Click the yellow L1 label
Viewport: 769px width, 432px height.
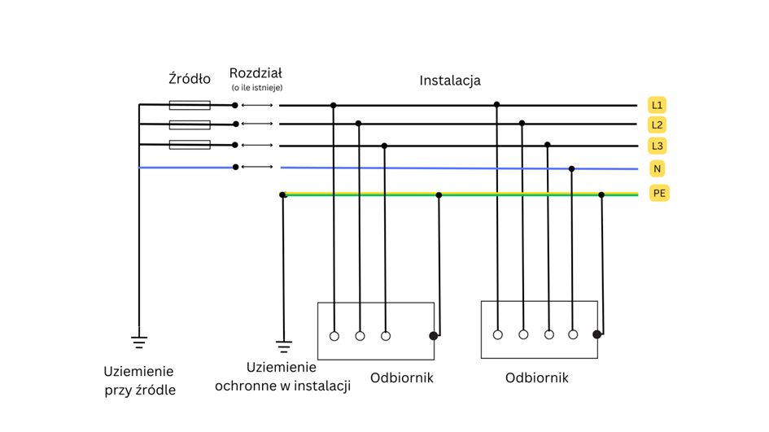(x=657, y=105)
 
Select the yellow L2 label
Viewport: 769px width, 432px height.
(x=657, y=124)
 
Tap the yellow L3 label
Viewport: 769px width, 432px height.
(x=657, y=146)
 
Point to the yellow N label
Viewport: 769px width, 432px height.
(x=657, y=168)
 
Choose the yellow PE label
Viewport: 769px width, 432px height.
(x=659, y=193)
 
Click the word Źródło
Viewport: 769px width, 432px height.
(x=189, y=79)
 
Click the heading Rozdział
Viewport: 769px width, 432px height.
(x=256, y=73)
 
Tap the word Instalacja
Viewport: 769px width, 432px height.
(x=450, y=80)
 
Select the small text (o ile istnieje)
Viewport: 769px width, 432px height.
(x=256, y=88)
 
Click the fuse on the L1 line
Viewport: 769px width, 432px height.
(x=190, y=105)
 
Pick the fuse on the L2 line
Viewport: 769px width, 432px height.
(x=190, y=124)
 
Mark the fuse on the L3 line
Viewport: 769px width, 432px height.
(x=190, y=145)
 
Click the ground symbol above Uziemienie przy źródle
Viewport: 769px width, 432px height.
(x=139, y=341)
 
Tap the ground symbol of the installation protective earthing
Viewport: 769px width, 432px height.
(x=283, y=346)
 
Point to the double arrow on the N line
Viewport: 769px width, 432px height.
(x=258, y=167)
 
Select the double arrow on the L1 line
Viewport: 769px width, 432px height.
(x=258, y=105)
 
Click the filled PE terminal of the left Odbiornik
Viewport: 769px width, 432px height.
(x=434, y=335)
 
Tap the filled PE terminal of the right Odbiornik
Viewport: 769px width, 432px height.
(x=597, y=334)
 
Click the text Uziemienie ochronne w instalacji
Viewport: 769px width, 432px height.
(x=282, y=376)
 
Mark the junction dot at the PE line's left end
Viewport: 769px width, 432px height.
(x=283, y=195)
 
